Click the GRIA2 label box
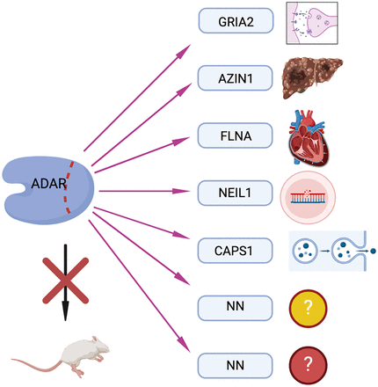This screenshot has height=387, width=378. tap(236, 20)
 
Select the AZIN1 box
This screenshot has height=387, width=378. tap(236, 78)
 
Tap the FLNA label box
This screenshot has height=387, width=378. tap(236, 135)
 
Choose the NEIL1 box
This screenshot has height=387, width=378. tap(236, 193)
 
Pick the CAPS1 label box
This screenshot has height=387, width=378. tap(236, 251)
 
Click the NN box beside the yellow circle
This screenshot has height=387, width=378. tap(236, 308)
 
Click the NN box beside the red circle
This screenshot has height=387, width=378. tap(236, 365)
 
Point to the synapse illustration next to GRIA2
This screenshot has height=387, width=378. tap(312, 23)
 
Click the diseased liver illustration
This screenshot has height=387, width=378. tap(311, 77)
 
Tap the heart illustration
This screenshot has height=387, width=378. tap(308, 138)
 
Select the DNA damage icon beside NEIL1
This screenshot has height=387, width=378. tap(308, 197)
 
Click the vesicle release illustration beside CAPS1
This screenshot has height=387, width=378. tap(332, 251)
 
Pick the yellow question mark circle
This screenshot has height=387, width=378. tap(308, 309)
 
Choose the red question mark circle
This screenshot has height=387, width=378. tap(308, 365)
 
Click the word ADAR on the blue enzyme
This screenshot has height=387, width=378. tap(49, 184)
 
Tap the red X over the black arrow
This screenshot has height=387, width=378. tap(65, 281)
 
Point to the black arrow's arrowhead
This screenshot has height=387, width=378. tap(65, 310)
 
